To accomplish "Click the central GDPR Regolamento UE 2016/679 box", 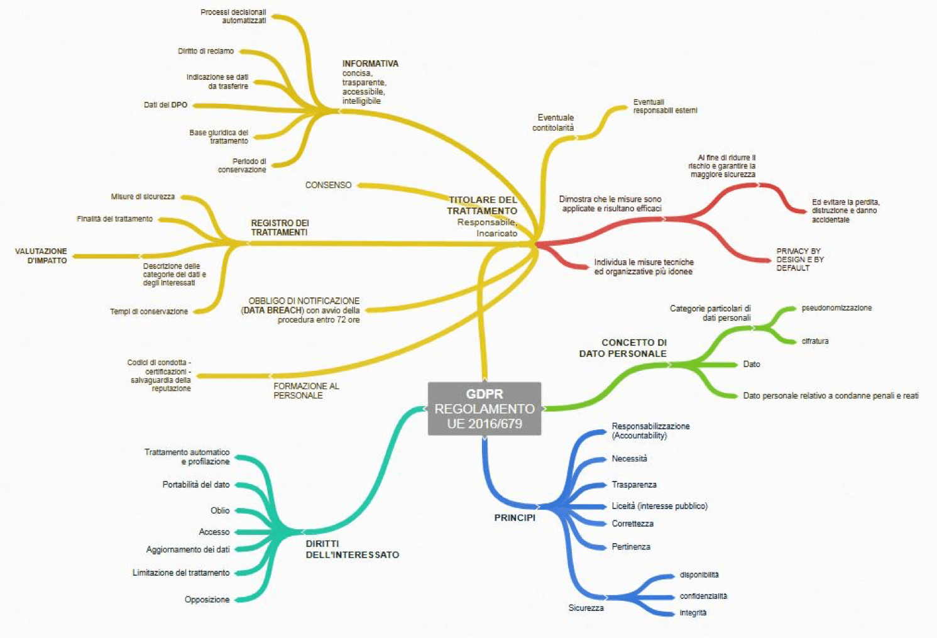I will pos(485,409).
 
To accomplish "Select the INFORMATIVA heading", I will pos(370,63).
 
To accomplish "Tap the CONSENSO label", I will pos(328,185).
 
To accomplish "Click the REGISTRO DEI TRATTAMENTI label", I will pos(280,228).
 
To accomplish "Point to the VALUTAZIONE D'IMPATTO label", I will pos(41,256).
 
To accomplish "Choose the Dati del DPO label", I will pos(165,105).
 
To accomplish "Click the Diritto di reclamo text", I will pos(205,51).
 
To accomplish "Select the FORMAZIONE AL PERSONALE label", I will pos(306,390).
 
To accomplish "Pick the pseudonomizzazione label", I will pos(836,308).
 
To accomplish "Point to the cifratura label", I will pos(815,341).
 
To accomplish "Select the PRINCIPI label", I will pos(515,518).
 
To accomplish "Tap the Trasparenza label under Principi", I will pos(634,485).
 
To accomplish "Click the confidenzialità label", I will pos(703,596).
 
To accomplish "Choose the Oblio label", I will pos(220,510).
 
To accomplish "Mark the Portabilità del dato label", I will pos(196,485).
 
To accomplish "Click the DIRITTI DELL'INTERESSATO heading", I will pos(352,549).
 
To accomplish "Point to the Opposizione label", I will pos(207,600).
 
